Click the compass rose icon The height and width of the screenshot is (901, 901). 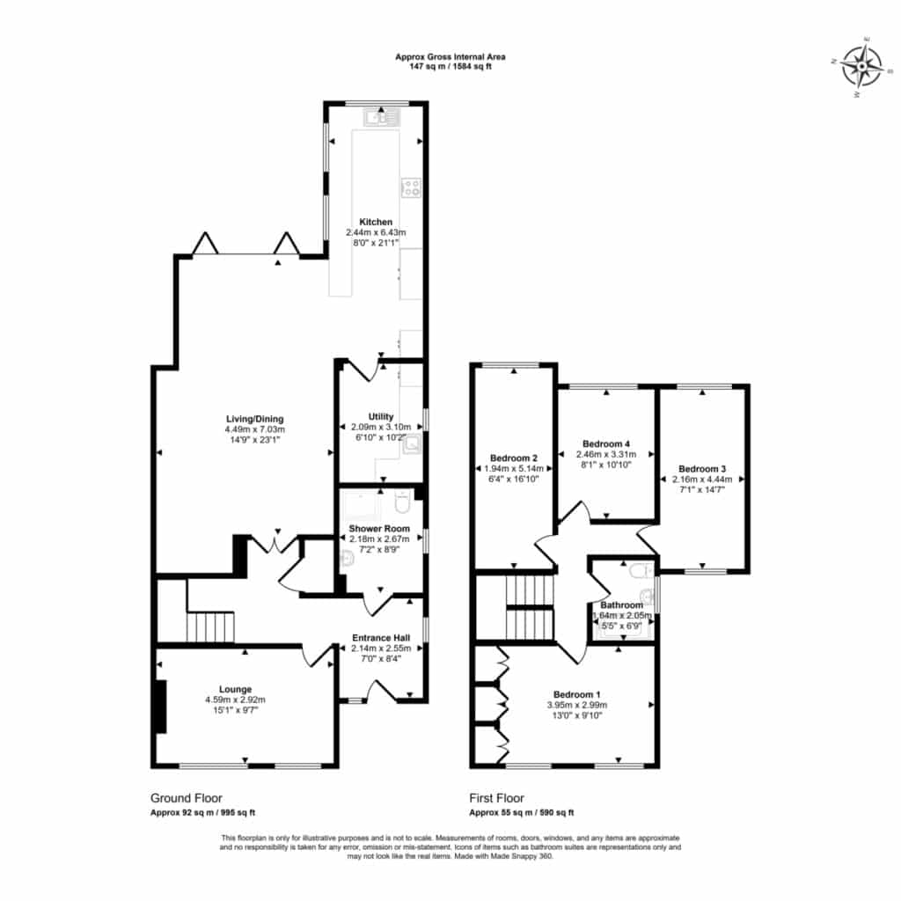[x=861, y=67]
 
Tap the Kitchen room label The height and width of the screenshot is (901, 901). [x=376, y=222]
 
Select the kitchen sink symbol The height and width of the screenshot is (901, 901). [x=381, y=119]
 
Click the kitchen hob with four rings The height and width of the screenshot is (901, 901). [x=412, y=187]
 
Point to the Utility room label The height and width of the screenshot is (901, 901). [x=381, y=416]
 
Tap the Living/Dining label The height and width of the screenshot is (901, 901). [x=254, y=419]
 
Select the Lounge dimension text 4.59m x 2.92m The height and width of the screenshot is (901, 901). [x=235, y=700]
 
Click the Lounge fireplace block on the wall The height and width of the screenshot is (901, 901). [x=161, y=707]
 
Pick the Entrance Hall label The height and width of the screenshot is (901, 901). [x=381, y=638]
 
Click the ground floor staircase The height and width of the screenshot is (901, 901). [x=210, y=626]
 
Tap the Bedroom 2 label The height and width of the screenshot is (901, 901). [x=514, y=458]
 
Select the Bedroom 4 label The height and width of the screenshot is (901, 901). [x=606, y=443]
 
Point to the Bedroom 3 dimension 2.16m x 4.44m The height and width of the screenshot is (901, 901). [x=702, y=480]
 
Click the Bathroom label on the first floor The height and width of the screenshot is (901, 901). [x=622, y=605]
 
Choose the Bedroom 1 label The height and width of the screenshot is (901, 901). [x=577, y=694]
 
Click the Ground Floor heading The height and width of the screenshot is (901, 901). [x=187, y=798]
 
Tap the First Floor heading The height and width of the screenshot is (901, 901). [x=496, y=798]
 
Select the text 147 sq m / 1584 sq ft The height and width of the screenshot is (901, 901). [x=450, y=66]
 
